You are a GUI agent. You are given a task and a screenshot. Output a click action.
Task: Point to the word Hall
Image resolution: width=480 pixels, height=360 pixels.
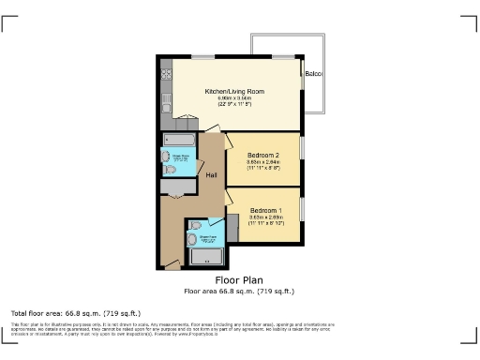pos(212,175)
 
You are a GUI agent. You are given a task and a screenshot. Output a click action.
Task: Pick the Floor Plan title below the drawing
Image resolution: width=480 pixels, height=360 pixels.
pos(239,279)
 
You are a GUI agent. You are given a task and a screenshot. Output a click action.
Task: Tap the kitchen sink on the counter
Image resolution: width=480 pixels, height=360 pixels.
pos(166,97)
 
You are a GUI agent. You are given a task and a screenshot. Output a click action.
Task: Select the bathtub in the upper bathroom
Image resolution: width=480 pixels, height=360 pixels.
pos(177,141)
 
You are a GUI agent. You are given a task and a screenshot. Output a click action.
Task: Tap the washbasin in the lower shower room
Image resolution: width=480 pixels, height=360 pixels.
pos(193,239)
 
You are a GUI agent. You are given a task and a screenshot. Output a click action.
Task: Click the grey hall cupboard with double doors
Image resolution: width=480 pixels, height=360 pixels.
pos(173,187)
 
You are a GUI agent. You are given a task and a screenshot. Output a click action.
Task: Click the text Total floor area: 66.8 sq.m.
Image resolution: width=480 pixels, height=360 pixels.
pos(75,312)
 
